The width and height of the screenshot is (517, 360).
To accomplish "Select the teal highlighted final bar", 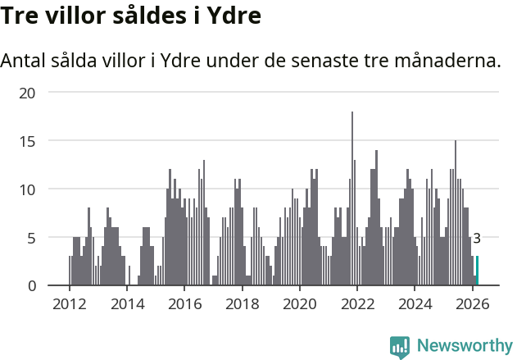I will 477,271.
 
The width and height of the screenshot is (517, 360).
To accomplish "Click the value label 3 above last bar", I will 477,239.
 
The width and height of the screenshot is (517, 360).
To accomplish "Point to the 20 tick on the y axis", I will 28,93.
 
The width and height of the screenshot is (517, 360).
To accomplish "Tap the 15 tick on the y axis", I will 28,141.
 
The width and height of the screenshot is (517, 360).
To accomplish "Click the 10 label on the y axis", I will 28,189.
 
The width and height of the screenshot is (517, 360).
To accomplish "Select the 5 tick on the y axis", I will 31,238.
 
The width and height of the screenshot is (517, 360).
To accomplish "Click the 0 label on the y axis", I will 31,285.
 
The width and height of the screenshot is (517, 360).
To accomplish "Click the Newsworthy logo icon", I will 400,347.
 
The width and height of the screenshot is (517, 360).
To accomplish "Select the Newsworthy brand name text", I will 464,346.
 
